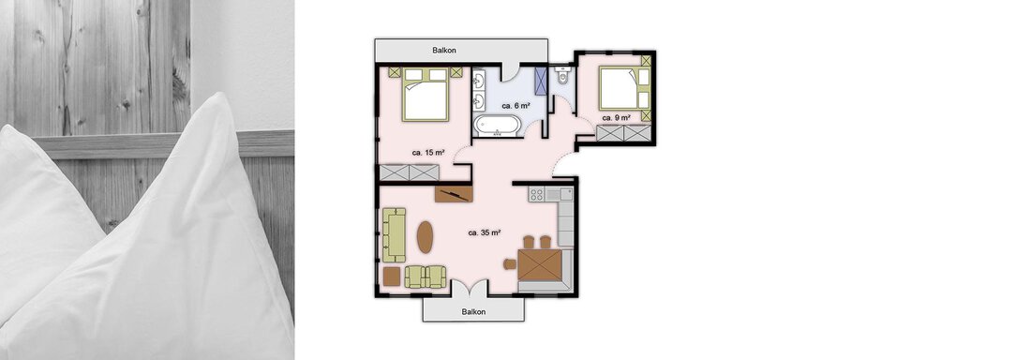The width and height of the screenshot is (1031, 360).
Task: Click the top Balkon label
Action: pyautogui.click(x=444, y=50)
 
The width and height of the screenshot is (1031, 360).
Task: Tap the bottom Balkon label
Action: pyautogui.click(x=473, y=312)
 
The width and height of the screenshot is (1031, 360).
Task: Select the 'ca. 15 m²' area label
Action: pyautogui.click(x=428, y=153)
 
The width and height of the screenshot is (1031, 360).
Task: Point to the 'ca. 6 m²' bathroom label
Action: pyautogui.click(x=515, y=105)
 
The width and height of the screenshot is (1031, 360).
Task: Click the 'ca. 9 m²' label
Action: pyautogui.click(x=617, y=117)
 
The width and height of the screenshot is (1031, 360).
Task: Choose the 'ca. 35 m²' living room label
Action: pyautogui.click(x=486, y=232)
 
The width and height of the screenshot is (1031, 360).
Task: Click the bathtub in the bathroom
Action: pyautogui.click(x=498, y=125)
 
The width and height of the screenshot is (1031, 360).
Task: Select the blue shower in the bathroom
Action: pyautogui.click(x=541, y=82)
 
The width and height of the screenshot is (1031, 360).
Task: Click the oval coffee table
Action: pyautogui.click(x=426, y=237)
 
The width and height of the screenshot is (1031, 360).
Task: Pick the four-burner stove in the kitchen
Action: pyautogui.click(x=536, y=194)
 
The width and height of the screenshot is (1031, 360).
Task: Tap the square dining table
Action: pyautogui.click(x=540, y=265)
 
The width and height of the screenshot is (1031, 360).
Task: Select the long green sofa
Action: pyautogui.click(x=395, y=235)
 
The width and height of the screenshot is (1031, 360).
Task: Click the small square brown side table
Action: pyautogui.click(x=392, y=277)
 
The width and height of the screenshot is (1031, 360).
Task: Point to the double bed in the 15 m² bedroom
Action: pyautogui.click(x=426, y=94)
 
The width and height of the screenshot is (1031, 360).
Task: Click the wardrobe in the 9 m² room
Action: pyautogui.click(x=623, y=134)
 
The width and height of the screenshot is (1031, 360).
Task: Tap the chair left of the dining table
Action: pyautogui.click(x=510, y=264)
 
